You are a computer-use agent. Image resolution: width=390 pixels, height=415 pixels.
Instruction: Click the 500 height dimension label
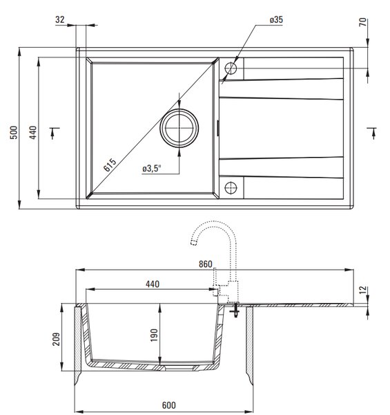click(x=14, y=132)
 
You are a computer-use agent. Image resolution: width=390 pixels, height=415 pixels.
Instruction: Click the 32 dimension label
click(x=60, y=19)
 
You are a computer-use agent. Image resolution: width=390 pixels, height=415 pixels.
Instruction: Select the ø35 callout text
click(x=276, y=19)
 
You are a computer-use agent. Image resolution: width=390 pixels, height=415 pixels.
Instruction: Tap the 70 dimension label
click(x=363, y=21)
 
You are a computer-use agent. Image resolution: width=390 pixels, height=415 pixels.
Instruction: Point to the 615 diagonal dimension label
click(x=110, y=165)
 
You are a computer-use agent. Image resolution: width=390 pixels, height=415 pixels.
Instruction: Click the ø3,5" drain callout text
click(x=152, y=168)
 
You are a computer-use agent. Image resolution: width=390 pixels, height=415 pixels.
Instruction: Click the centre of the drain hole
click(x=179, y=128)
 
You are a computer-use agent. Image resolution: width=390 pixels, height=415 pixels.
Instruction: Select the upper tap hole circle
click(x=231, y=68)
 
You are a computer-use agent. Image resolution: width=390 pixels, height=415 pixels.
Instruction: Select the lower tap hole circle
click(x=231, y=188)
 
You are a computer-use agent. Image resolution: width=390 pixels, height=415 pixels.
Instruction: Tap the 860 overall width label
click(x=206, y=264)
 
